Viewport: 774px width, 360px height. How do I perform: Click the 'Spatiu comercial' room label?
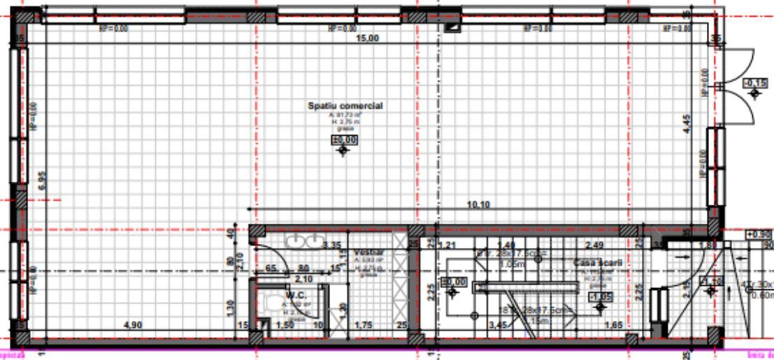(x=345, y=106)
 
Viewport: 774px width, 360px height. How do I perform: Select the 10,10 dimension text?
(x=480, y=204)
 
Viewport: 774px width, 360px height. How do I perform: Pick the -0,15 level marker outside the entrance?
(x=756, y=83)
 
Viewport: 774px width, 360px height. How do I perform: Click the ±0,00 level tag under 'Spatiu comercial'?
(x=342, y=141)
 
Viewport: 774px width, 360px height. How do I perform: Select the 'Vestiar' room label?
(x=367, y=252)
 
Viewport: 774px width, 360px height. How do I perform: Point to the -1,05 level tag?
(x=601, y=296)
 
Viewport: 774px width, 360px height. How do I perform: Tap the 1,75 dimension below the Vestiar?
(x=364, y=325)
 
